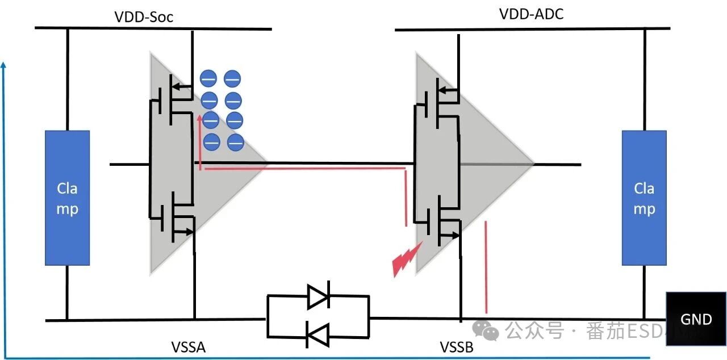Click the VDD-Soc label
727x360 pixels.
(x=144, y=17)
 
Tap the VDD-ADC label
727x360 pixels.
(x=531, y=14)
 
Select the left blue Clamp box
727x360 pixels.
(x=67, y=198)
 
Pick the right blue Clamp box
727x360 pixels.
(x=644, y=198)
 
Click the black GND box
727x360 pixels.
(x=696, y=319)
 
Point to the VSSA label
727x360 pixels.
(x=188, y=347)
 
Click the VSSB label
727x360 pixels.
(x=456, y=347)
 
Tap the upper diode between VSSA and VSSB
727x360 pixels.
(x=318, y=296)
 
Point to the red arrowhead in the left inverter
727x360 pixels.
(x=199, y=120)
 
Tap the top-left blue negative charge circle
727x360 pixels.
(x=208, y=78)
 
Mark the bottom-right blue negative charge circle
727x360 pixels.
(x=236, y=142)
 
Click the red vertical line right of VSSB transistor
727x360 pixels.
(x=486, y=267)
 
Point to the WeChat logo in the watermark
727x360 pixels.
(x=487, y=329)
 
